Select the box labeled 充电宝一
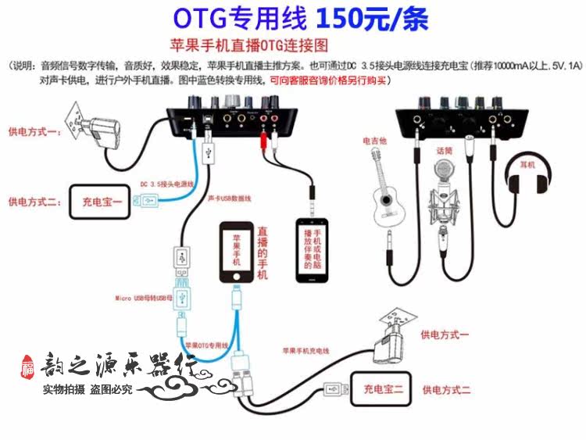(x=103, y=201)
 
